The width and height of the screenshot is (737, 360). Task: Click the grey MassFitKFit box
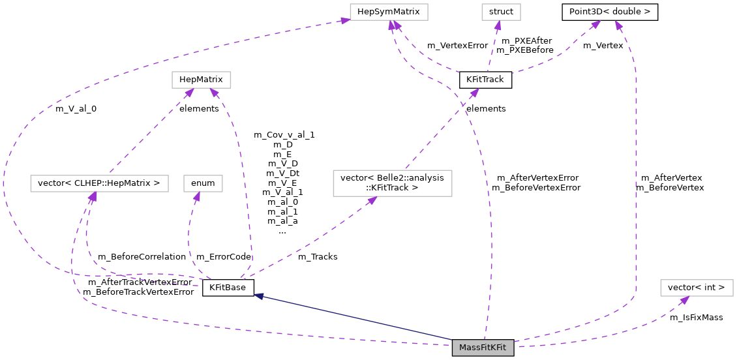click(483, 348)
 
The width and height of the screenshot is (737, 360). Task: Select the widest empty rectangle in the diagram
click(99, 184)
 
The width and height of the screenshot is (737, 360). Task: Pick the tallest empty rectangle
click(392, 183)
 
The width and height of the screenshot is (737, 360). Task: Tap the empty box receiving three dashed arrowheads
click(389, 12)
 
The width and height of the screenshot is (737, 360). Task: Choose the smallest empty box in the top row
click(501, 12)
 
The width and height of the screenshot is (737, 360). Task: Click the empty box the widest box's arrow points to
click(201, 80)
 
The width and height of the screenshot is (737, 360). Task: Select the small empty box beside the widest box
click(203, 184)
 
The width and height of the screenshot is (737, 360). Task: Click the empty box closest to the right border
click(697, 288)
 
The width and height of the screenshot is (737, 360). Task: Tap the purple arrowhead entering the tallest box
click(372, 200)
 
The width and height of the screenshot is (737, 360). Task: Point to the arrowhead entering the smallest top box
click(498, 25)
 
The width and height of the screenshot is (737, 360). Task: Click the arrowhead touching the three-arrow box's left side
click(345, 21)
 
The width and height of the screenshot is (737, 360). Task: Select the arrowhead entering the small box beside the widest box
click(196, 196)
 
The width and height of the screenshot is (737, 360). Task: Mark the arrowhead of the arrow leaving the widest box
click(189, 93)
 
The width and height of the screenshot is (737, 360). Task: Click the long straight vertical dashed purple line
click(636, 183)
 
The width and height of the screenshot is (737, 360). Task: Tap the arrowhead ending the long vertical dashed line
click(618, 25)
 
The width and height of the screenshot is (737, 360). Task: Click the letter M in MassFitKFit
click(462, 348)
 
